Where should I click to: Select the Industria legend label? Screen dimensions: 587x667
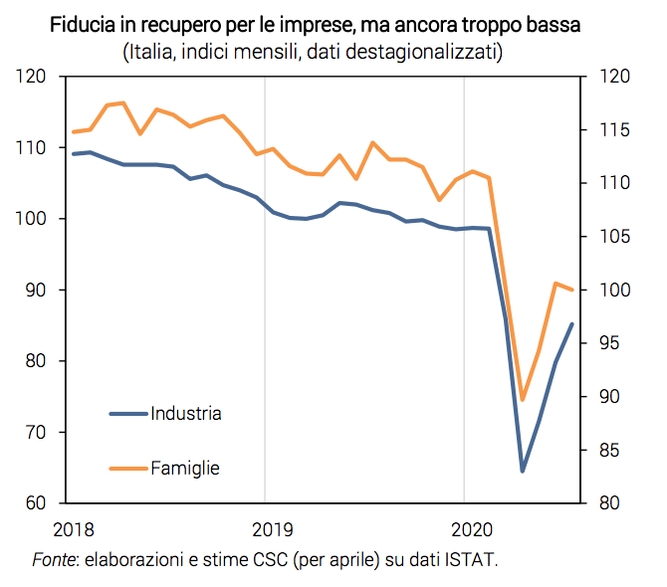click(186, 413)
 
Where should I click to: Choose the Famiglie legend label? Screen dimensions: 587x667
click(185, 467)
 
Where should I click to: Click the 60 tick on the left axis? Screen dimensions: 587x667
click(37, 503)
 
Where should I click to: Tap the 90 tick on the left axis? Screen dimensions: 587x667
click(37, 290)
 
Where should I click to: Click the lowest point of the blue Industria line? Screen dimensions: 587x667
click(522, 471)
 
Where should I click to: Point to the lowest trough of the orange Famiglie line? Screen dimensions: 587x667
click(522, 400)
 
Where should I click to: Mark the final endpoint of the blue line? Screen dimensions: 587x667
click(571, 323)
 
